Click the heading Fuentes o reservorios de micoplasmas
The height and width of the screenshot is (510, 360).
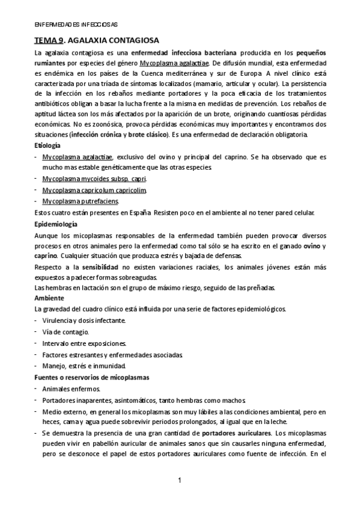[92, 377]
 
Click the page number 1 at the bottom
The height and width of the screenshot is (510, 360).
[180, 480]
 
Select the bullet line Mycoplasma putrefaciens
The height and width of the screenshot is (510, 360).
[81, 200]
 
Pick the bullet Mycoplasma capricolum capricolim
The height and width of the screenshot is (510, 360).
[94, 190]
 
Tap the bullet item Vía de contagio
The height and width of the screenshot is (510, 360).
[66, 332]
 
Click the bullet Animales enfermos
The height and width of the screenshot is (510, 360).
[69, 389]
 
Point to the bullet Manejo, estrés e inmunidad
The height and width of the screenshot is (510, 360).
[84, 366]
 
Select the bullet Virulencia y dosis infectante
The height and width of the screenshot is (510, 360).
[84, 321]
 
